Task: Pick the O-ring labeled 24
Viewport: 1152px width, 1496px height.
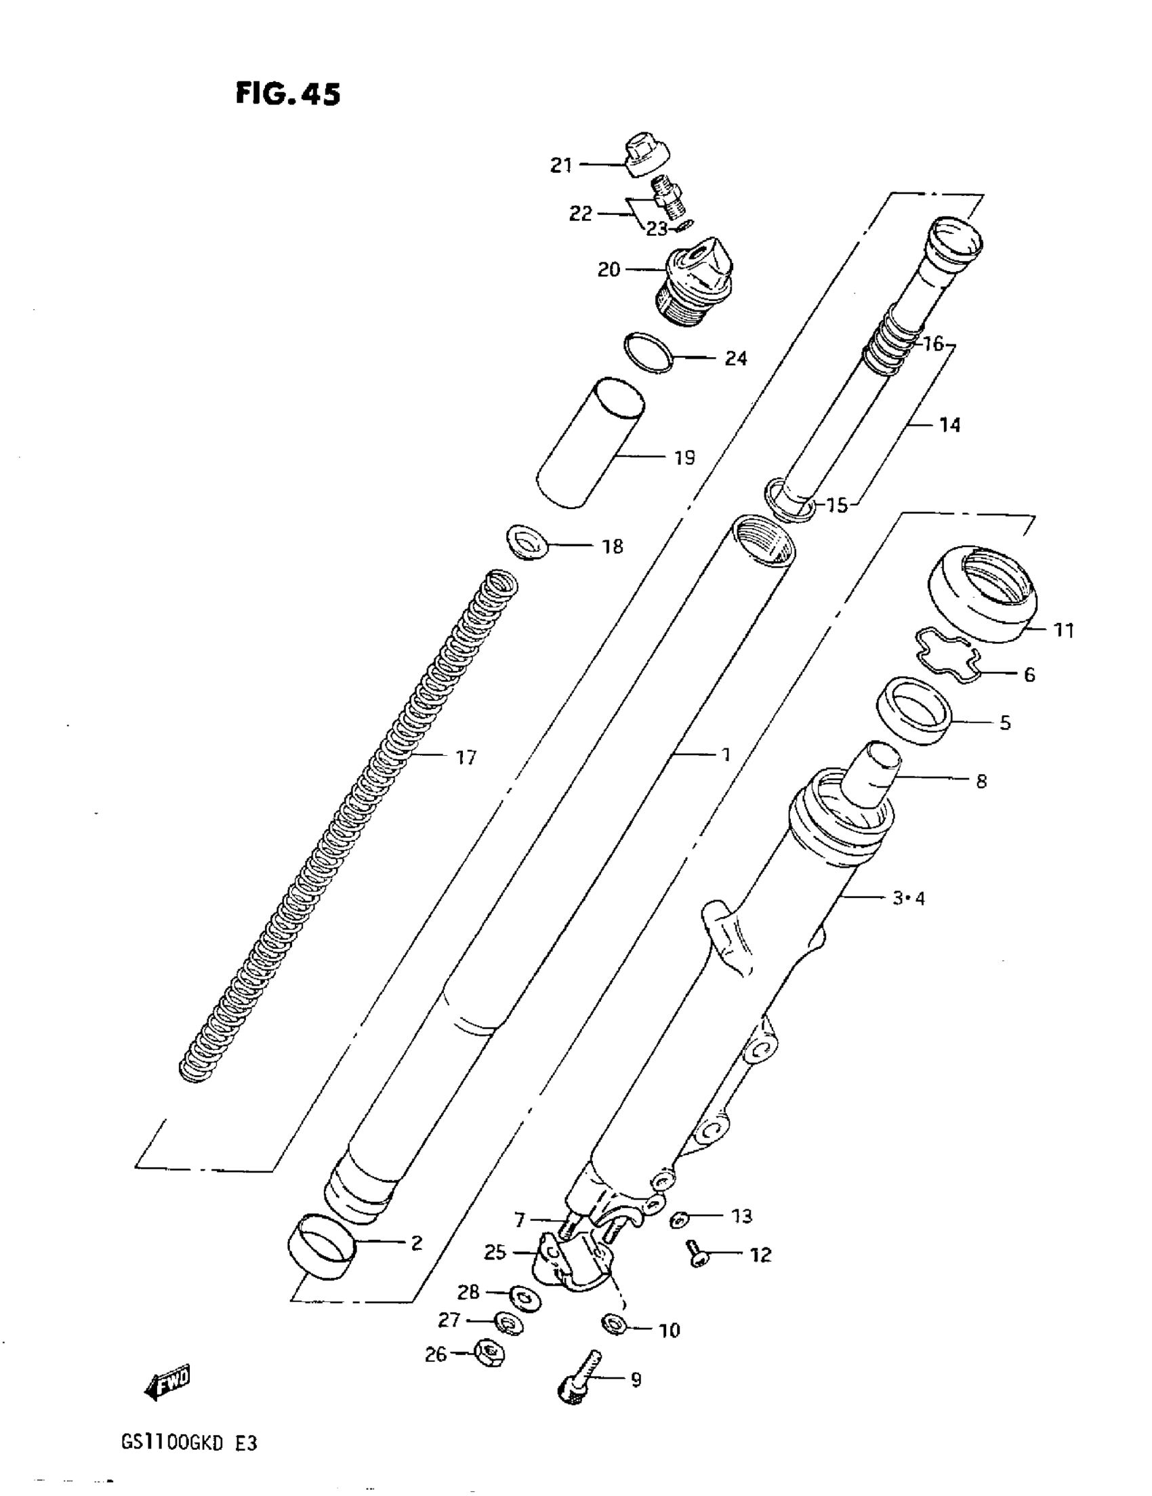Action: pyautogui.click(x=648, y=352)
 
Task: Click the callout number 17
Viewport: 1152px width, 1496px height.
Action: pyautogui.click(x=466, y=758)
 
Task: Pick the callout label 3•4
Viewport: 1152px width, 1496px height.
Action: pyautogui.click(x=908, y=898)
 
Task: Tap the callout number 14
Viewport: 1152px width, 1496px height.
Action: pyautogui.click(x=949, y=426)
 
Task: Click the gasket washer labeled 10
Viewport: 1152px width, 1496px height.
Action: pyautogui.click(x=615, y=1323)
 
